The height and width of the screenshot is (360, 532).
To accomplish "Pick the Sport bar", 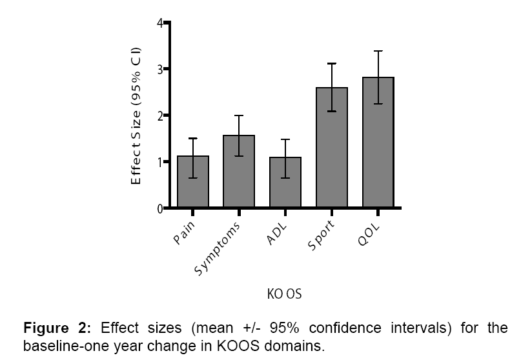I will [x=332, y=148].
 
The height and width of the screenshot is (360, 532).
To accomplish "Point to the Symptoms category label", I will [x=218, y=249].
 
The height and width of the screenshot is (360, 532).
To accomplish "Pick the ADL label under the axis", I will [x=278, y=234].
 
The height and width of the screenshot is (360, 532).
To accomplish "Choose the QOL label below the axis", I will [x=369, y=234].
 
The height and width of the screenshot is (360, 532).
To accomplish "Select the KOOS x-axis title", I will [x=284, y=295].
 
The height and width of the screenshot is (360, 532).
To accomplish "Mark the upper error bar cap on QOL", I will [x=378, y=51].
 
